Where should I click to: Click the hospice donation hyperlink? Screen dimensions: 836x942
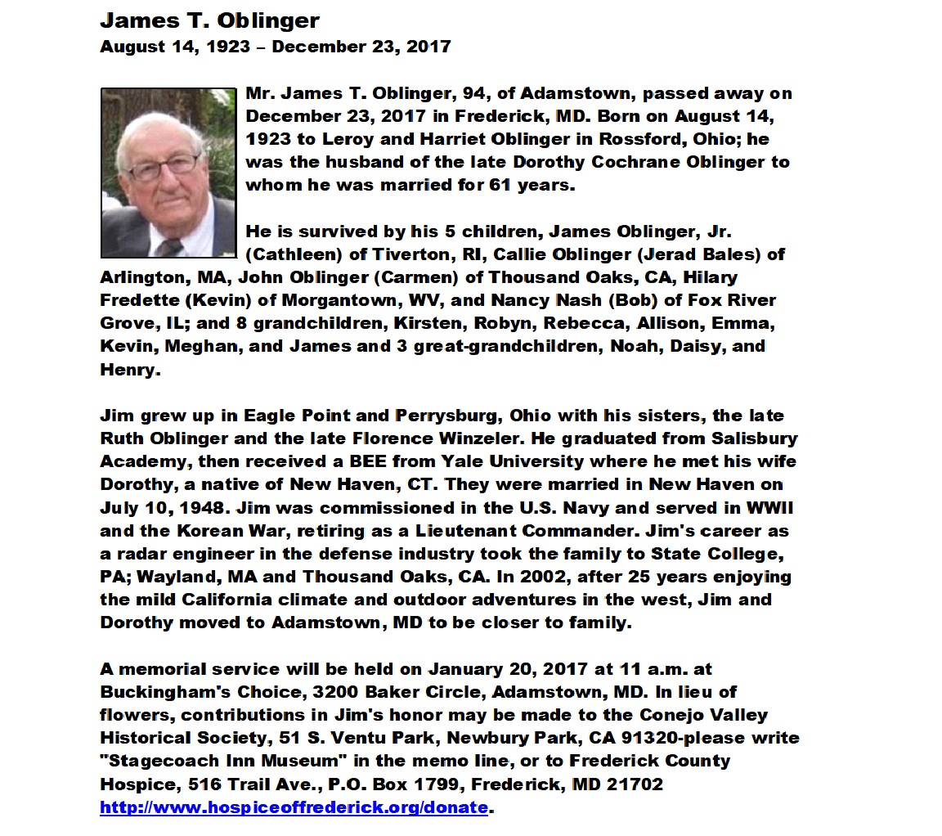click(x=294, y=807)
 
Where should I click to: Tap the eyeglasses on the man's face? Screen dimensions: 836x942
click(x=164, y=166)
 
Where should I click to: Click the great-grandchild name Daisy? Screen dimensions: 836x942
click(x=695, y=346)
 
